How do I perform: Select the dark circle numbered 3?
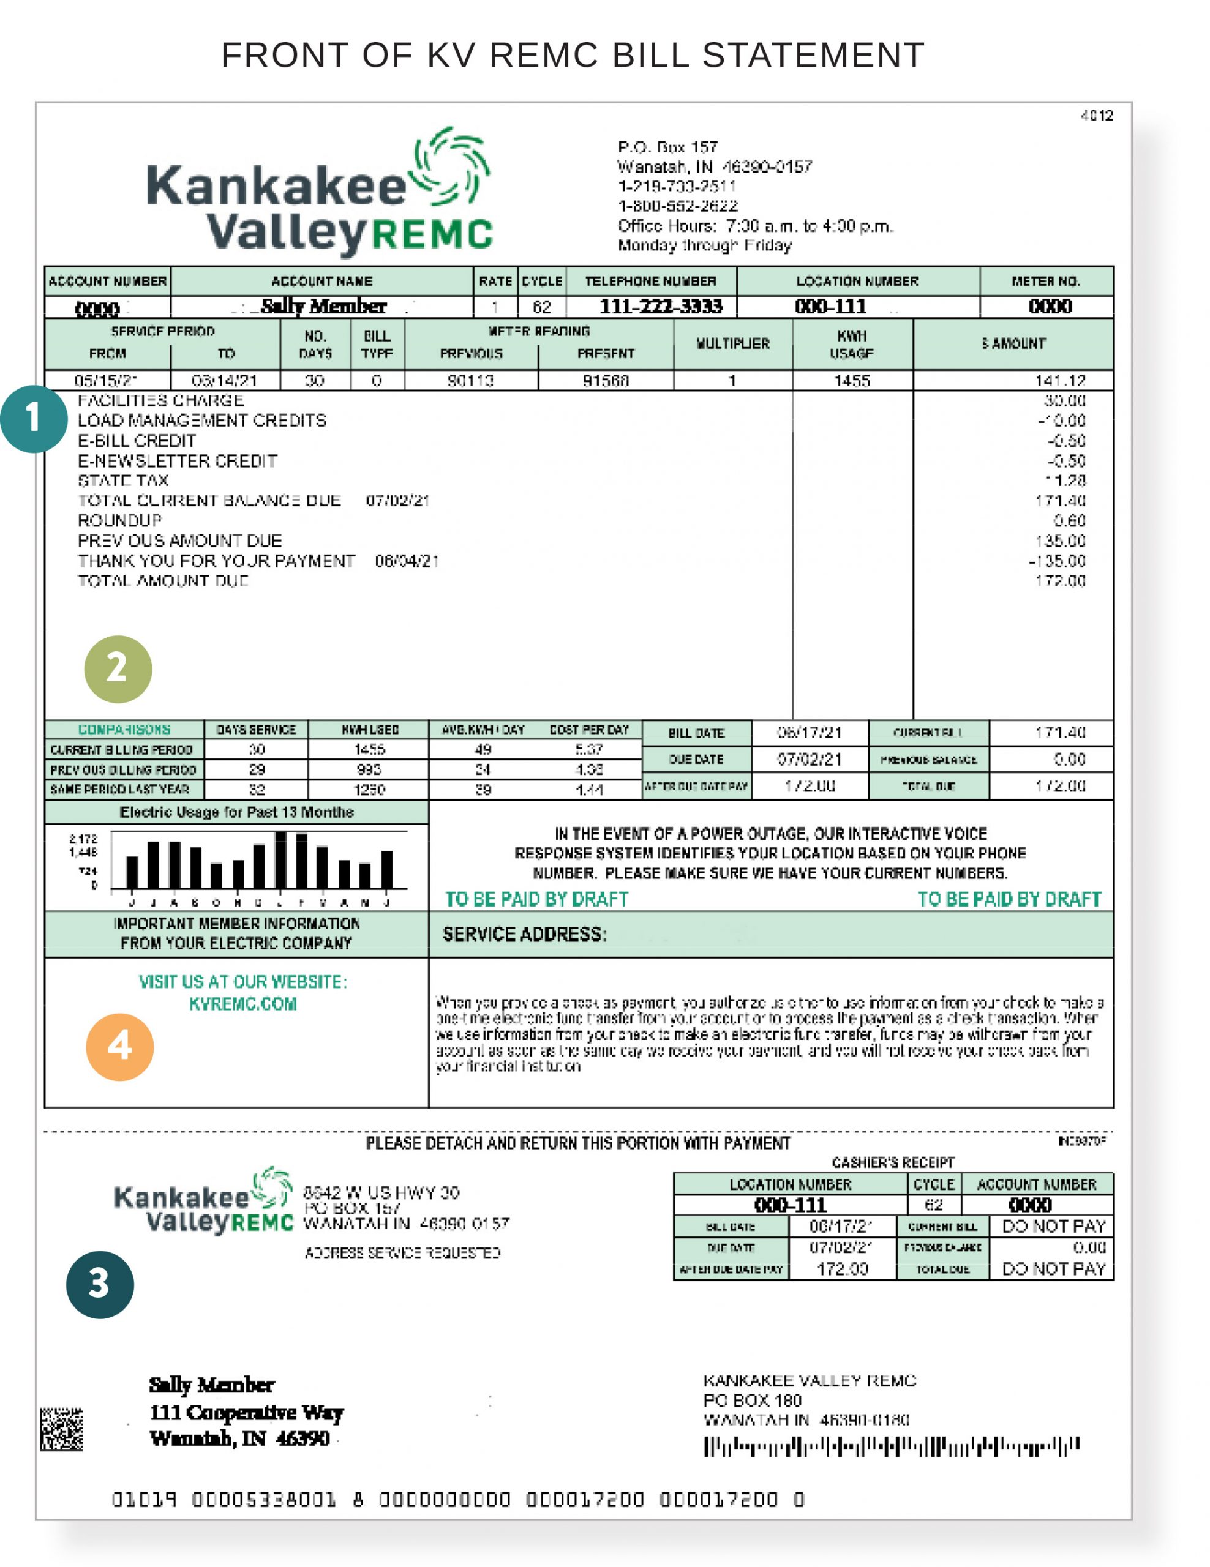(x=100, y=1284)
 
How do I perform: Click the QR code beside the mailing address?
(x=61, y=1429)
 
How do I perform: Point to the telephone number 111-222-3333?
(x=660, y=307)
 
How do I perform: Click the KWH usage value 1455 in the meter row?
(x=851, y=380)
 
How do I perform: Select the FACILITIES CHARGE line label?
(x=161, y=400)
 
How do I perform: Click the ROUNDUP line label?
(x=120, y=520)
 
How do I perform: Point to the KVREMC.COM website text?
(x=242, y=1004)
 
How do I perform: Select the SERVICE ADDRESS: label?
(x=524, y=934)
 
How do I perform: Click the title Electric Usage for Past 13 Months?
(x=236, y=812)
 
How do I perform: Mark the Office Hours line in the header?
(x=755, y=226)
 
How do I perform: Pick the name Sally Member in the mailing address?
(x=211, y=1384)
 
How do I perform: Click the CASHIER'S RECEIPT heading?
(x=893, y=1162)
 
